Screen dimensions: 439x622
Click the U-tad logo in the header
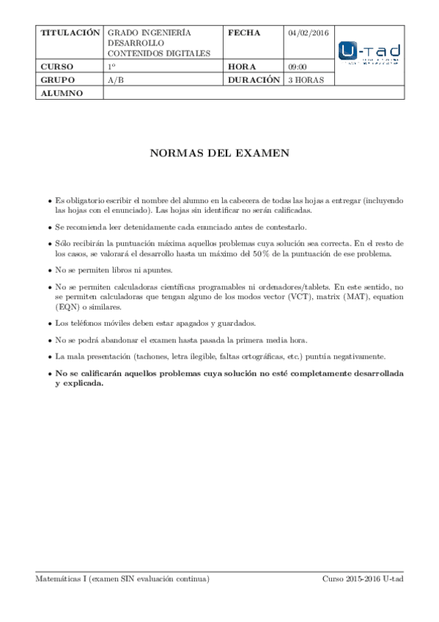coord(369,54)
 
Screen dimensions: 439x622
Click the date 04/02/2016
coord(309,33)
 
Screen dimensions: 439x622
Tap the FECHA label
coord(244,33)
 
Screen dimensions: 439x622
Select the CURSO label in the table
coord(58,66)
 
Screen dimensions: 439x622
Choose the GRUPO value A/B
coord(115,79)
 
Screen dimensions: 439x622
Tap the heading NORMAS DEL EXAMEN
coord(220,154)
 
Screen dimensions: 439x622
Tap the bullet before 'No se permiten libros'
coord(49,270)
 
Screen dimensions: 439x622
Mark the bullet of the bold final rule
coord(49,373)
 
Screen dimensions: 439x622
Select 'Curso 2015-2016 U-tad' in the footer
coord(363,579)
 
